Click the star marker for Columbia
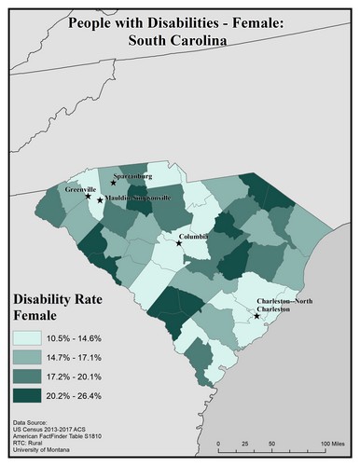click(179, 243)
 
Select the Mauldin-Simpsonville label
click(135, 199)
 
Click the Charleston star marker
click(256, 316)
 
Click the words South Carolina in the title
click(179, 42)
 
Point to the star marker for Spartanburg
click(113, 183)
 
